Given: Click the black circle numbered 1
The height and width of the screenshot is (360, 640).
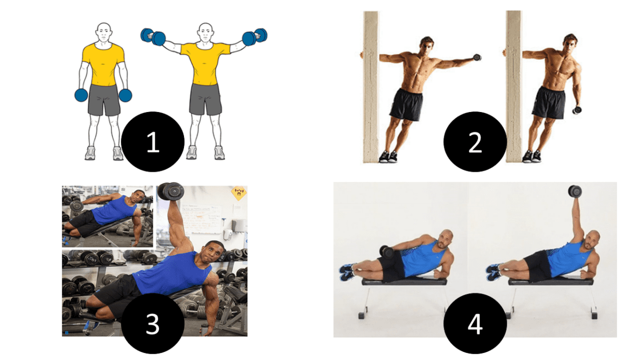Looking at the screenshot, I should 153,142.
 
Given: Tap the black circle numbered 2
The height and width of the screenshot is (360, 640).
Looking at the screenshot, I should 475,142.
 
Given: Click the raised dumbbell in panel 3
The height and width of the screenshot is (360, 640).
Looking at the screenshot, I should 171,191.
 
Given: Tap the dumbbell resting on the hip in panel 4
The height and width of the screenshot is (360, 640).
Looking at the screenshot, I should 387,252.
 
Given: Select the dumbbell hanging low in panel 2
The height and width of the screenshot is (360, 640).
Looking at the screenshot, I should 577,109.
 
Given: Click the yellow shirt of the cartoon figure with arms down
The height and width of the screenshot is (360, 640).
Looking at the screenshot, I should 103,65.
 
